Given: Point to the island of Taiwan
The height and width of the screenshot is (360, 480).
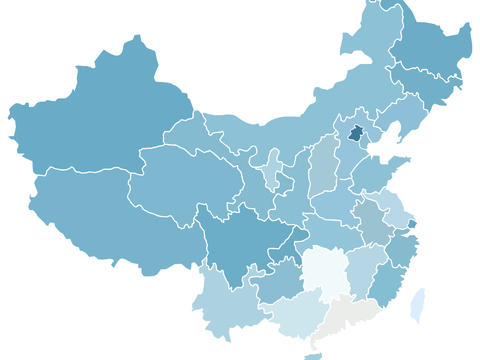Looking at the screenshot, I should [418, 305].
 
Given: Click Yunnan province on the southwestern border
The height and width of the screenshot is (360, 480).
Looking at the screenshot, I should [225, 305].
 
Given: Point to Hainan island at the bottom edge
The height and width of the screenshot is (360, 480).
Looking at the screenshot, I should [313, 356].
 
